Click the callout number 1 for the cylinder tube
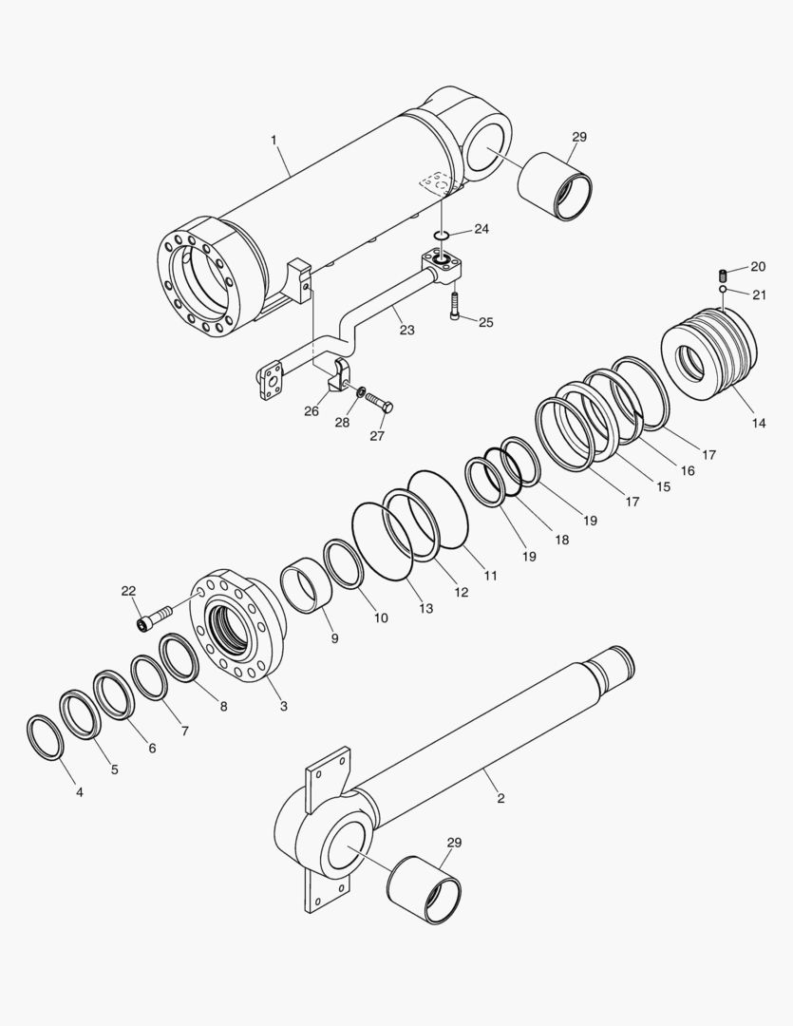coord(274,141)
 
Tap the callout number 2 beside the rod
coord(500,798)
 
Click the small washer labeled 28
coord(362,391)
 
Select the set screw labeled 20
coord(723,275)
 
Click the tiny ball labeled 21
coord(723,289)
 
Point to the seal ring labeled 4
coord(45,737)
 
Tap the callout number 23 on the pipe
coord(406,331)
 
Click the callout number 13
coord(426,608)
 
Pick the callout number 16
coord(687,470)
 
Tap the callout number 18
coord(562,540)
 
